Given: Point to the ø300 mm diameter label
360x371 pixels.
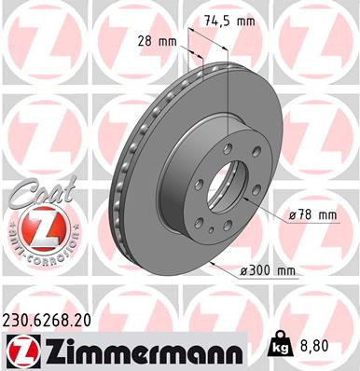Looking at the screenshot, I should (269, 270).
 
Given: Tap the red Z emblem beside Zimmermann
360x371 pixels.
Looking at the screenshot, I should (20, 350).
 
